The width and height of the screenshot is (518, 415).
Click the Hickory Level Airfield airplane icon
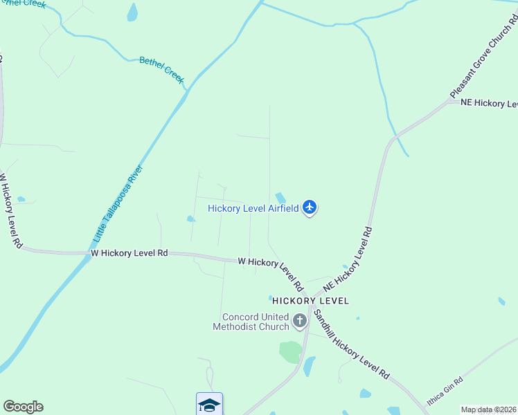(x=310, y=207)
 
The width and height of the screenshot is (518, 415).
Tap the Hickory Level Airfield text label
(x=253, y=208)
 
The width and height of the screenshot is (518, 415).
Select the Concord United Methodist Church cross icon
(x=300, y=320)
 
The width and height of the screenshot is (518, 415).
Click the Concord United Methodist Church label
(x=251, y=322)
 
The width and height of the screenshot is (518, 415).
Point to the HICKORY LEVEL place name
(x=310, y=301)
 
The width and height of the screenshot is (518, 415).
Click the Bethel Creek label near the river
(x=162, y=70)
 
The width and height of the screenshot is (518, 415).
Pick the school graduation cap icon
(x=209, y=405)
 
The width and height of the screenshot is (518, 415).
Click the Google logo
(x=23, y=407)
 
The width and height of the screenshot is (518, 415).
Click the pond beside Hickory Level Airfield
(x=281, y=199)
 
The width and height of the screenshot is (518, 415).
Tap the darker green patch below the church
(x=291, y=351)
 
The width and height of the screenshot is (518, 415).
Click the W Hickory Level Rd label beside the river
(x=129, y=254)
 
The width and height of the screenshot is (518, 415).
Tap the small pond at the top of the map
(x=132, y=12)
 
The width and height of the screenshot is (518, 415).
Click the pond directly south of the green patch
(x=309, y=366)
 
